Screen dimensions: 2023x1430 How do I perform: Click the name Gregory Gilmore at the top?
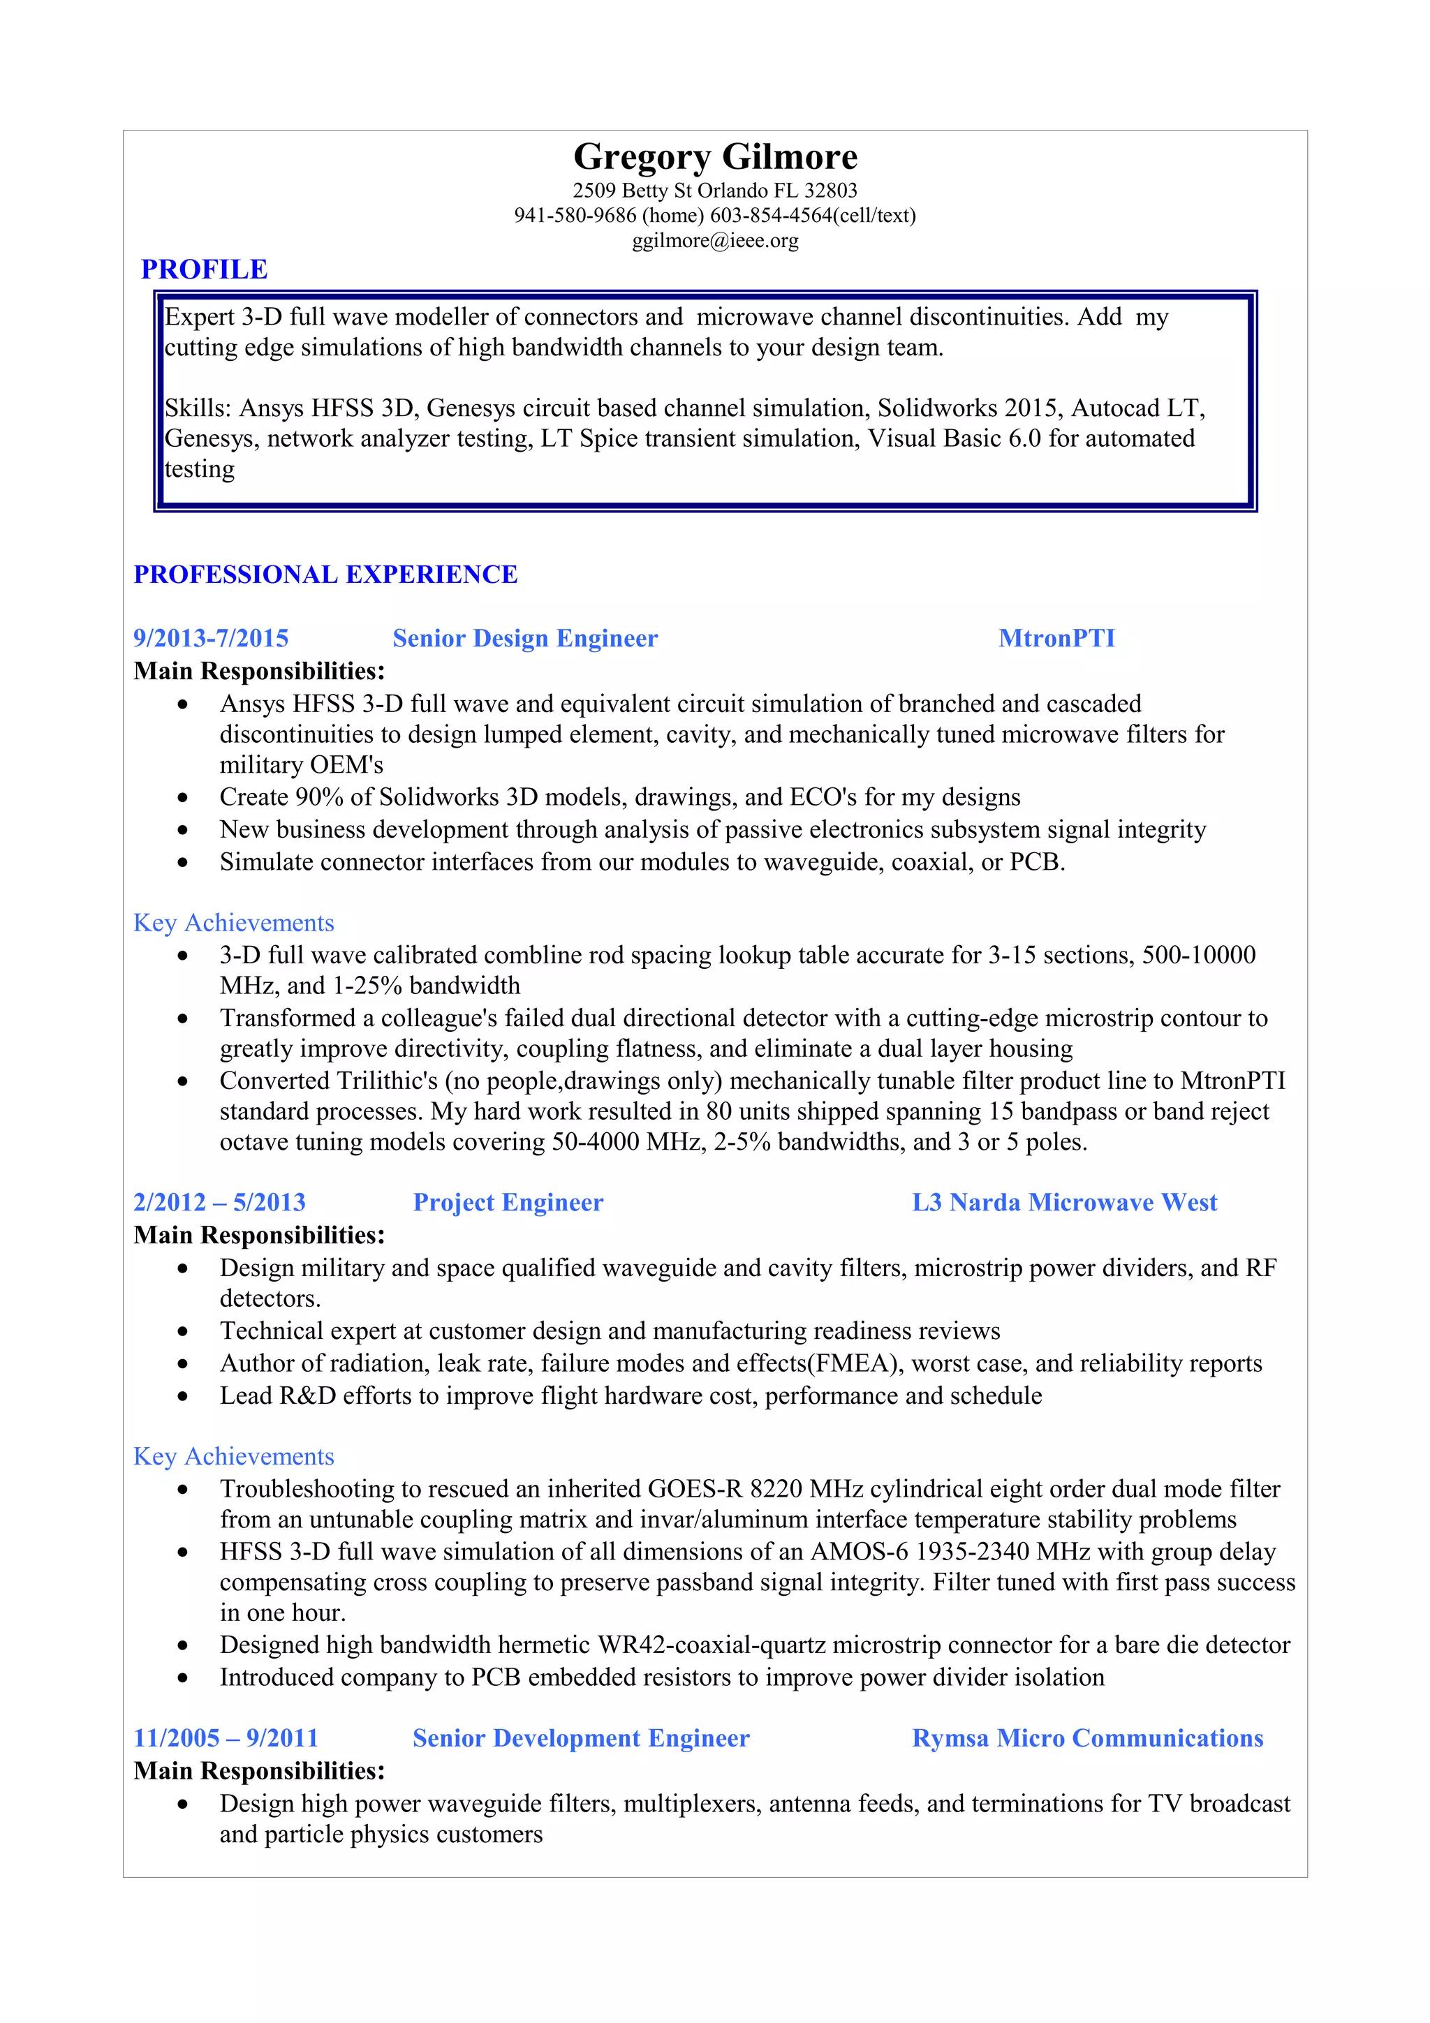tap(714, 157)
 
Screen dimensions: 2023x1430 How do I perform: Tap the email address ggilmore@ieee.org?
tap(714, 241)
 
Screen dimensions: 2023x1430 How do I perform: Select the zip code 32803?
tap(830, 191)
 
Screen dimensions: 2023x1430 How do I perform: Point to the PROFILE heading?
tap(205, 269)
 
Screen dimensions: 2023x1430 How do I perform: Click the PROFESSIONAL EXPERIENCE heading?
tap(325, 575)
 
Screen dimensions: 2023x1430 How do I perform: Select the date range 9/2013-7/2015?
tap(211, 638)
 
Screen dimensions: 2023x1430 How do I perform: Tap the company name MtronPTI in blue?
tap(1056, 638)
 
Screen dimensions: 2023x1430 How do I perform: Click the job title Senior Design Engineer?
tap(525, 638)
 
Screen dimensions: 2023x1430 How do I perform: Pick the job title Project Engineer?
tap(508, 1202)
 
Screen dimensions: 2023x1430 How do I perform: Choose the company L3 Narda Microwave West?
tap(1064, 1202)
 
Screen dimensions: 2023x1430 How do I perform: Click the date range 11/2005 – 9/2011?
tap(226, 1737)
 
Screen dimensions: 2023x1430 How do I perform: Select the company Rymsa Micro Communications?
tap(1087, 1737)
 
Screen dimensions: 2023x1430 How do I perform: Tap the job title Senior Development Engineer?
tap(581, 1737)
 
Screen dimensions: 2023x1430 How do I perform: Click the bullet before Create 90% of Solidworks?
tap(182, 797)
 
